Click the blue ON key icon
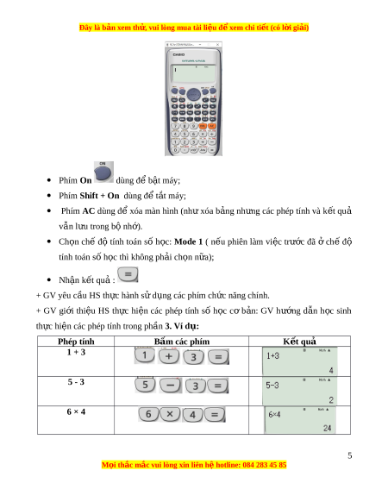(103, 173)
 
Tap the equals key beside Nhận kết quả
(128, 274)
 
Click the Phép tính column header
(76, 342)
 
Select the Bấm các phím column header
(182, 342)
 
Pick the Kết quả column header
(300, 342)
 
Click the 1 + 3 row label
(76, 352)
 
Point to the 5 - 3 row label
(76, 382)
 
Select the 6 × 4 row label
(76, 411)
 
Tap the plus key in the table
(169, 356)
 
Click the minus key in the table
(171, 386)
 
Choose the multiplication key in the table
(170, 414)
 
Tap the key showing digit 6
(148, 414)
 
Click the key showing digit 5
(145, 386)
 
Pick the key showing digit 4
(192, 415)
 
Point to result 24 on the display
(327, 428)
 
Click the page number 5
(350, 455)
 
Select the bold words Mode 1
(189, 242)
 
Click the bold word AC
(89, 211)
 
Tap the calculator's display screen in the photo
(194, 73)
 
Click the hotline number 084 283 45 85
(265, 465)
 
